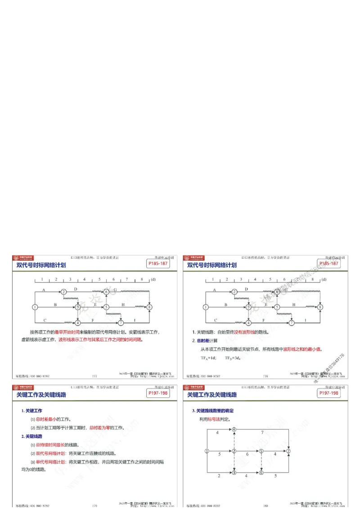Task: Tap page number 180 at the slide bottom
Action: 265,506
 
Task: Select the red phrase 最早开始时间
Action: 68,332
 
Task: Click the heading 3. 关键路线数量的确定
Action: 213,411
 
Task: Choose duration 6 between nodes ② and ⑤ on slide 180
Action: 247,455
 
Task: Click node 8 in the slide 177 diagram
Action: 149,307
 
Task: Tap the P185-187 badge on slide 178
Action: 328,263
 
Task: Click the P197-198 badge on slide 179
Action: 158,393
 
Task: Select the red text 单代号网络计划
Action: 51,462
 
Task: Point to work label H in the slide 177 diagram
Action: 123,304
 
